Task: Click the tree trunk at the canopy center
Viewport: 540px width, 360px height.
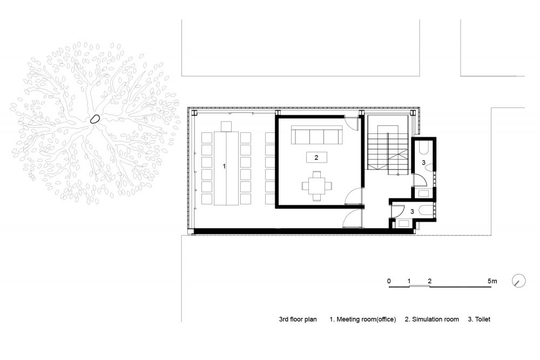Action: [x=94, y=119]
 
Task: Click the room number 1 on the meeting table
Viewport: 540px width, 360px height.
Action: [x=224, y=166]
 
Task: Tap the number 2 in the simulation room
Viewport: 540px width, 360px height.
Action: [x=316, y=158]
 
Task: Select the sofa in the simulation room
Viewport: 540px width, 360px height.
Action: [x=316, y=134]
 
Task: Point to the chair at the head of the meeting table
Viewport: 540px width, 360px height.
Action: [x=226, y=126]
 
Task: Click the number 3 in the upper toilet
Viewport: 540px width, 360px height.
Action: [x=423, y=162]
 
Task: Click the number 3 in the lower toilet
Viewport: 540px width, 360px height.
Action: [x=412, y=212]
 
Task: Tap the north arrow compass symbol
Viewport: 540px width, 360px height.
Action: [x=519, y=281]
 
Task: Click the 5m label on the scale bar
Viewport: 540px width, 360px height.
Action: [x=492, y=281]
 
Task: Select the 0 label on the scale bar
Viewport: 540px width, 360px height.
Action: [x=389, y=281]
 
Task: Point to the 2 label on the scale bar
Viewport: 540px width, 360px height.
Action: [x=429, y=281]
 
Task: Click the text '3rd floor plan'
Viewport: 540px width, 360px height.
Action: [x=298, y=320]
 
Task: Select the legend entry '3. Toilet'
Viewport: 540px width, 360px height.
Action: [x=479, y=320]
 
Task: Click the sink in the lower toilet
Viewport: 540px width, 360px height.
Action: [x=402, y=223]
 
